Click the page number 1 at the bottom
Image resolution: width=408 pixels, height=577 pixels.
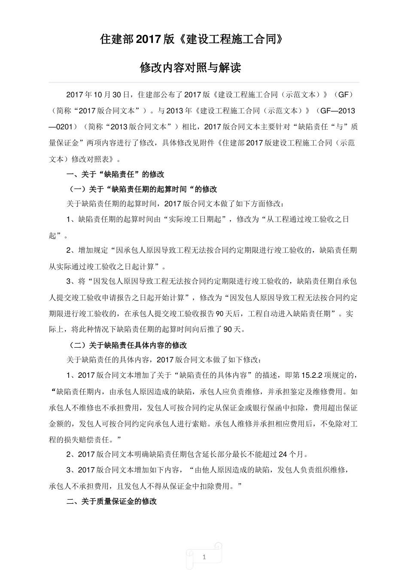pyautogui.click(x=204, y=557)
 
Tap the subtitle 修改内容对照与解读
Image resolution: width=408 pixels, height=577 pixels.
pyautogui.click(x=191, y=68)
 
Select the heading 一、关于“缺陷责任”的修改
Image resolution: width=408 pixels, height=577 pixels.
pyautogui.click(x=115, y=174)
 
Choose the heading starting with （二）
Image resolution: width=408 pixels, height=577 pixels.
pyautogui.click(x=128, y=345)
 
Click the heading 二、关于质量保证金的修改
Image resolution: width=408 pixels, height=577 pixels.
pyautogui.click(x=112, y=501)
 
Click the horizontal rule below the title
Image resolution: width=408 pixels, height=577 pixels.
pyautogui.click(x=204, y=82)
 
